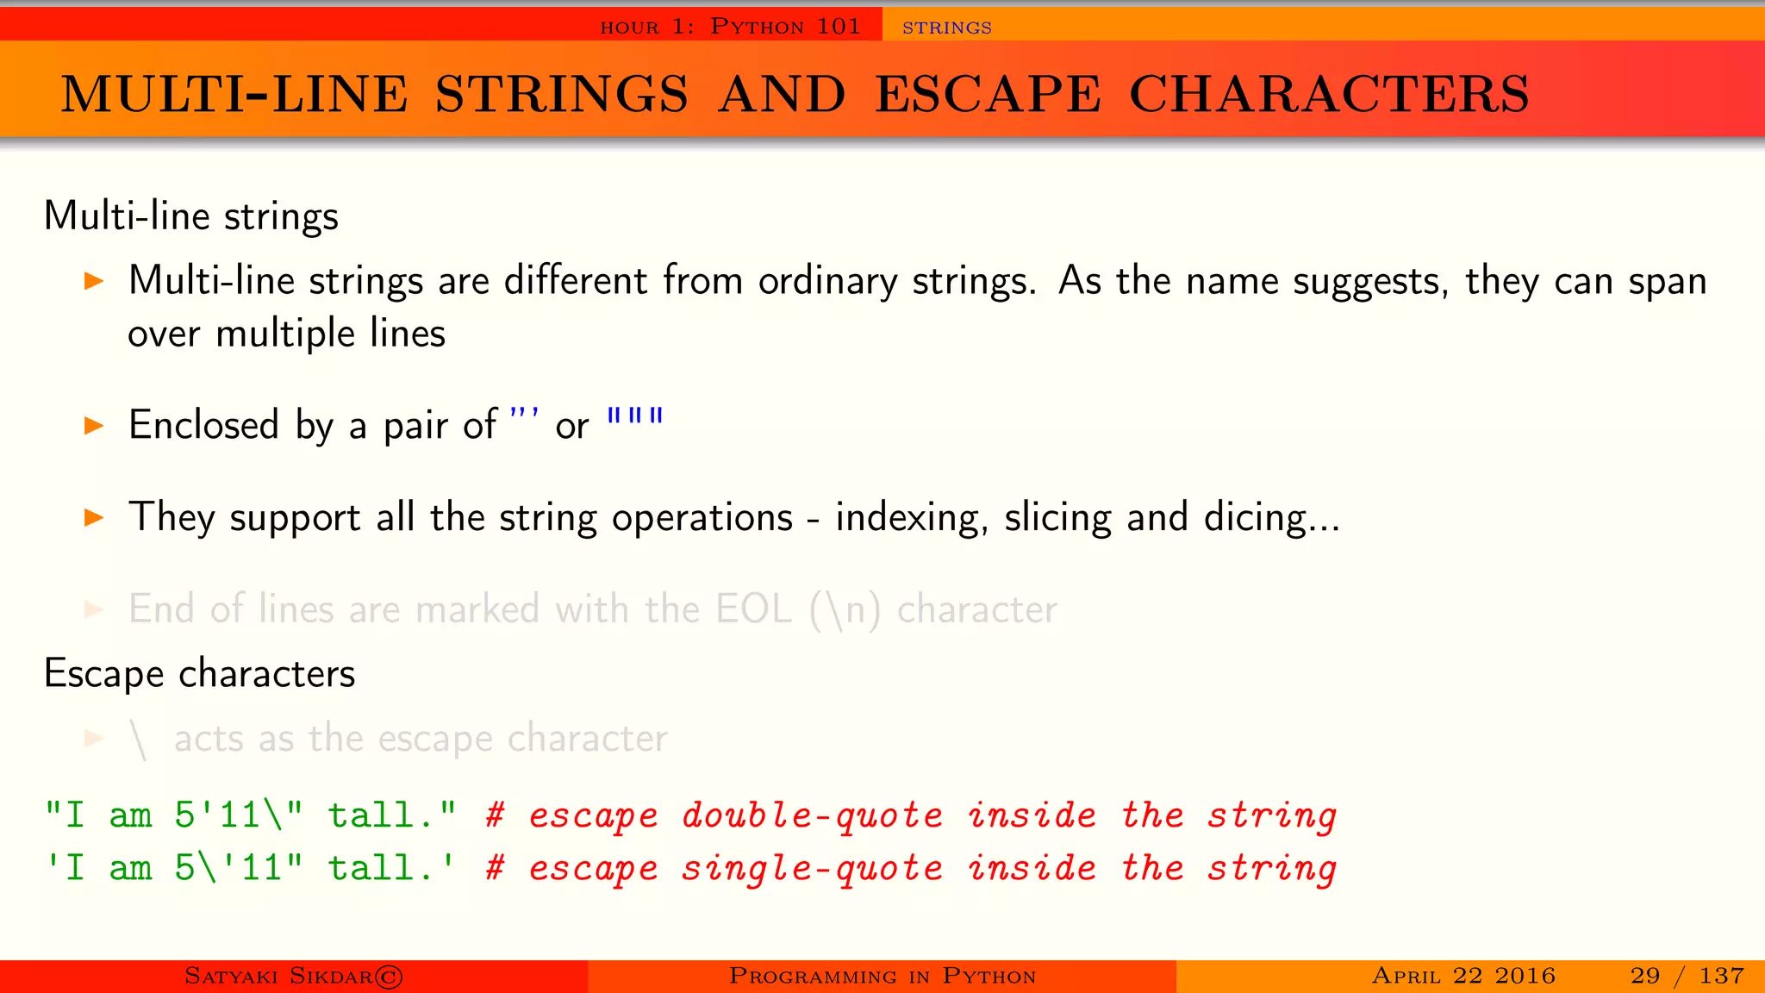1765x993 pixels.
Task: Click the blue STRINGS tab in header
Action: coord(946,28)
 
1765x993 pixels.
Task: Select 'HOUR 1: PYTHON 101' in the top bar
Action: coord(730,27)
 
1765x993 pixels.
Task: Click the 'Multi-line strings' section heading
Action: coord(190,215)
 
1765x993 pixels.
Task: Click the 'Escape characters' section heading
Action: coord(199,673)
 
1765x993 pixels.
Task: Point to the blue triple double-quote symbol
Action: coord(635,417)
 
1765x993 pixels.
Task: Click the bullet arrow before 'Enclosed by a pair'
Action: coord(94,425)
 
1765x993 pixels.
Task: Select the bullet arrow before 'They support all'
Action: coord(94,517)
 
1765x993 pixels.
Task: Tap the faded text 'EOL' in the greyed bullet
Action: coord(752,609)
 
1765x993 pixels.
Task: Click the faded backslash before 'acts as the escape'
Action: coord(139,740)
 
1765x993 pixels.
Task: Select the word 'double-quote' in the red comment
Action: coord(812,815)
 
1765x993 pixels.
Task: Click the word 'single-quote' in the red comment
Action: coord(812,868)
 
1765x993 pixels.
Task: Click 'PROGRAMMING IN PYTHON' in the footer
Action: coord(882,976)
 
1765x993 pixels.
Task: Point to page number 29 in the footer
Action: coord(1644,976)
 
